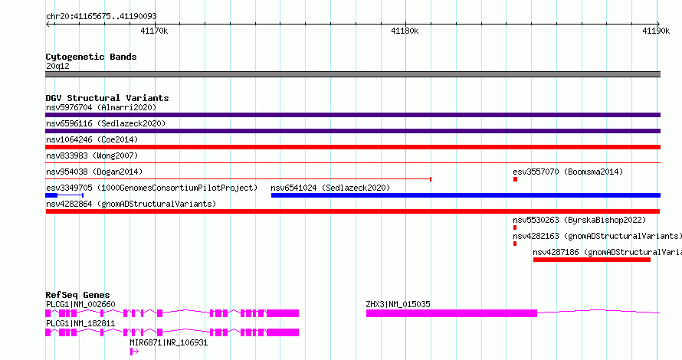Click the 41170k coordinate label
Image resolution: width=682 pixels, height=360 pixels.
(x=154, y=31)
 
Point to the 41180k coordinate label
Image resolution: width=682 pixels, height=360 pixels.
(x=405, y=31)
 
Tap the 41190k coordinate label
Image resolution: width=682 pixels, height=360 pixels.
(x=656, y=31)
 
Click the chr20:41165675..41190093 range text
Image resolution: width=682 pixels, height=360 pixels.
(x=101, y=17)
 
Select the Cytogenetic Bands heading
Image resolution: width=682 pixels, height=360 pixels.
(x=91, y=57)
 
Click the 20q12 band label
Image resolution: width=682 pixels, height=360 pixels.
(x=57, y=66)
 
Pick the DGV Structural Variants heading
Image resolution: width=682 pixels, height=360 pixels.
(x=107, y=98)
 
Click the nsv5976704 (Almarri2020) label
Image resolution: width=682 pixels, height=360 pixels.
(x=101, y=107)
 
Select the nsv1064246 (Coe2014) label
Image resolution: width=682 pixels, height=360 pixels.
(x=92, y=139)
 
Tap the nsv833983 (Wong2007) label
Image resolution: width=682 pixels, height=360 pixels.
(x=92, y=155)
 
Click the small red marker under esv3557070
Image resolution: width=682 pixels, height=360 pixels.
(x=516, y=179)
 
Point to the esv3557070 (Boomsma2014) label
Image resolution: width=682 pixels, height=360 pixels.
(x=568, y=172)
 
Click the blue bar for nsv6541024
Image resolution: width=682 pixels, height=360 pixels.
(x=466, y=195)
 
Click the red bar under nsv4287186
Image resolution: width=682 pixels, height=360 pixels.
(x=592, y=260)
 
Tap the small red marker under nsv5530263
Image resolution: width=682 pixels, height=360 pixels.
(x=515, y=227)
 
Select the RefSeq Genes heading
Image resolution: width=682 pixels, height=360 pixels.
(x=78, y=295)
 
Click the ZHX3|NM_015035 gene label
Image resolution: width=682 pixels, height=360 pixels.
(x=398, y=304)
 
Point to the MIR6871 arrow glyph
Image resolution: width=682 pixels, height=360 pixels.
(x=134, y=352)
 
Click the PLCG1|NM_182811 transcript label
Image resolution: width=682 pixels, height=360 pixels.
(x=80, y=323)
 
